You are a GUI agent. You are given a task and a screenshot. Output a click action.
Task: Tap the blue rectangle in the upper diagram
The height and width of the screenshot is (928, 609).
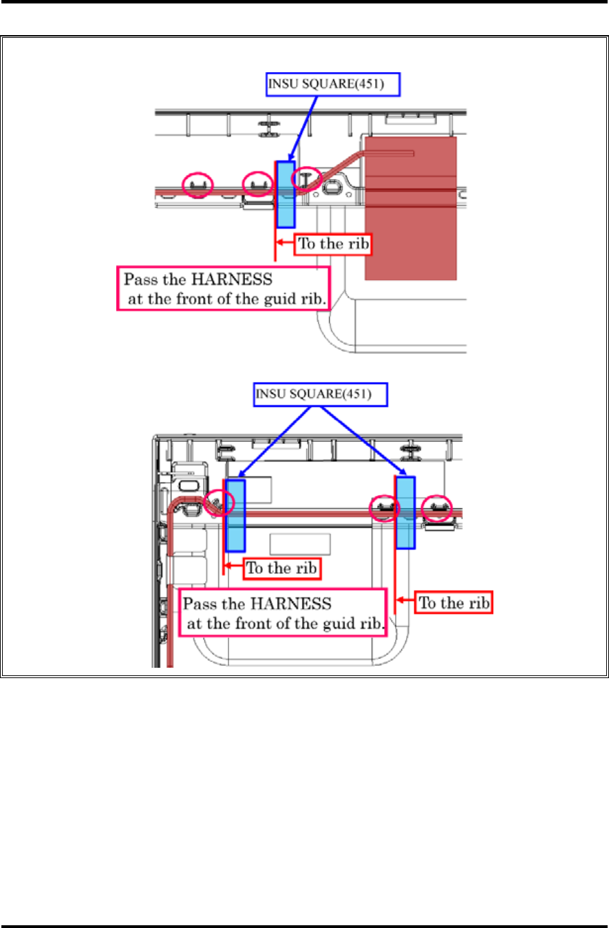(x=285, y=193)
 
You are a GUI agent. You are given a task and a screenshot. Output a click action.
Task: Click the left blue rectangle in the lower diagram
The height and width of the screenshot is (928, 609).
(x=235, y=515)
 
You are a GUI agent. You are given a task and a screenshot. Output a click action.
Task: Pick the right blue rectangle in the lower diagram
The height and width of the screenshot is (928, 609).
(x=406, y=512)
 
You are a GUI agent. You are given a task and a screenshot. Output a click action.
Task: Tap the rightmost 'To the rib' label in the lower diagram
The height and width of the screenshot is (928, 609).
(x=454, y=603)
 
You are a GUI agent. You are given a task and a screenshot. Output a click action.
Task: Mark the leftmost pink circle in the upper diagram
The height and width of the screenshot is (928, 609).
(x=197, y=184)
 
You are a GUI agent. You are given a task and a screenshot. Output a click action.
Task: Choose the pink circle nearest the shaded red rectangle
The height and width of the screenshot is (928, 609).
(x=306, y=179)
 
